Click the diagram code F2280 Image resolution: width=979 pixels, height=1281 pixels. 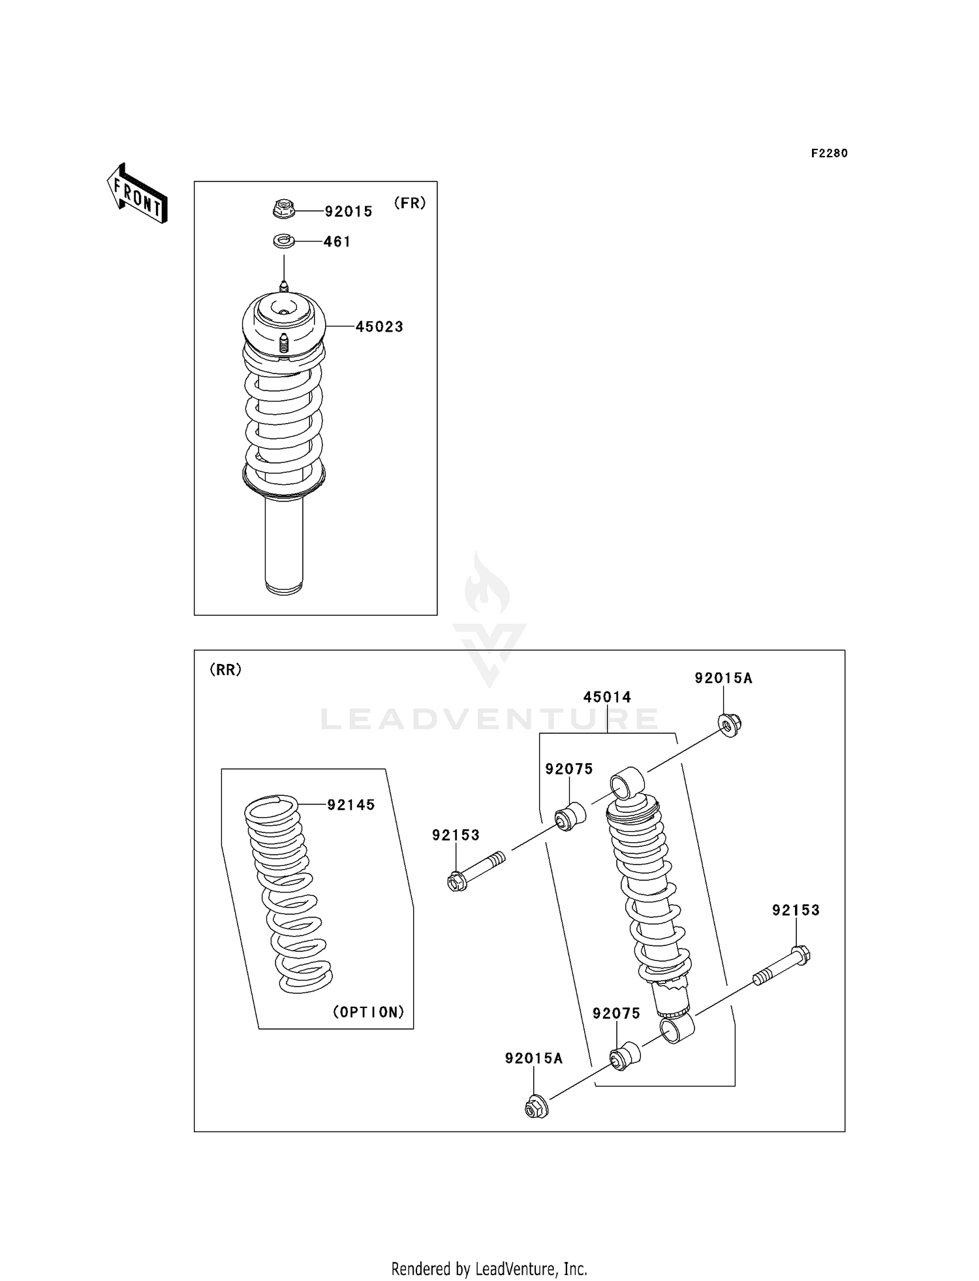[829, 153]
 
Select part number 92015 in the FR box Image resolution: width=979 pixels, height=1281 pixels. [349, 212]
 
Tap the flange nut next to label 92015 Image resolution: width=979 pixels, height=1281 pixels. [283, 210]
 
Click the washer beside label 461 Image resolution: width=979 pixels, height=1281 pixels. [283, 242]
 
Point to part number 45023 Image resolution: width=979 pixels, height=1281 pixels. [379, 326]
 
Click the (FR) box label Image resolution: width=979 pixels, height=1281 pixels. [410, 203]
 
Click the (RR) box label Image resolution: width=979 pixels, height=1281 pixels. [225, 669]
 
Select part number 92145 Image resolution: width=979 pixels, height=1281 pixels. [351, 805]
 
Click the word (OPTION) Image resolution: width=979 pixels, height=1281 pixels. [369, 1012]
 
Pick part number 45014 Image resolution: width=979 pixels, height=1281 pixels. [607, 697]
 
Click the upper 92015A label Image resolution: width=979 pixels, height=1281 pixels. [723, 678]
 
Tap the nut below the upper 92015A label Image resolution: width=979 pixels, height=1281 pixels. [729, 725]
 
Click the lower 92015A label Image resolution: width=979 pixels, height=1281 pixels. [533, 1058]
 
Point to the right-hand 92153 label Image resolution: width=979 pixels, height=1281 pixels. [796, 910]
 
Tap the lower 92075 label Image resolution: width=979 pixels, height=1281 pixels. [616, 1013]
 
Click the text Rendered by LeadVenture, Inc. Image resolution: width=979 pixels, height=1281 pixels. [489, 1269]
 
